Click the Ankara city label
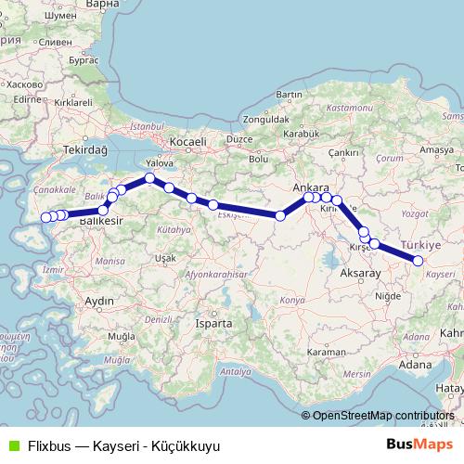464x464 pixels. pyautogui.click(x=311, y=187)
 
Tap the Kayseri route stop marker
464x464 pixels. pyautogui.click(x=418, y=261)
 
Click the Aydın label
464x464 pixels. pyautogui.click(x=98, y=301)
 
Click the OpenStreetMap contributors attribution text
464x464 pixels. pyautogui.click(x=383, y=416)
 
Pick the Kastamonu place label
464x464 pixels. pyautogui.click(x=348, y=108)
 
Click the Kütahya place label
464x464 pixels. pyautogui.click(x=173, y=228)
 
